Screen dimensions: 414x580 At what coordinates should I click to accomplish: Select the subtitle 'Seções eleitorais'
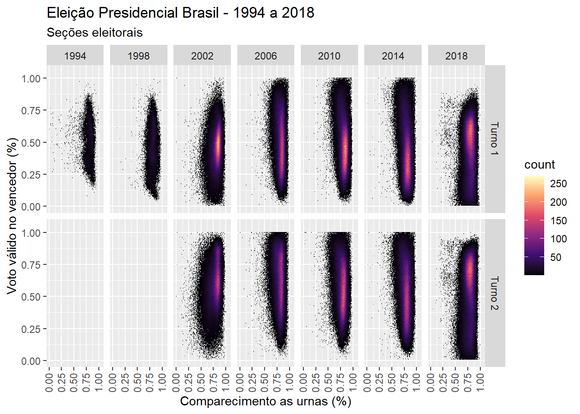click(x=95, y=33)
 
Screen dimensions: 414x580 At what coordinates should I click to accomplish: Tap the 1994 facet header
click(x=75, y=56)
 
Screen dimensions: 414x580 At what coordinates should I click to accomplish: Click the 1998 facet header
click(x=139, y=56)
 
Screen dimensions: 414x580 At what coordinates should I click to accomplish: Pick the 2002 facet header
click(x=202, y=56)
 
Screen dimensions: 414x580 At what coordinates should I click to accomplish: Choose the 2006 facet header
click(x=265, y=56)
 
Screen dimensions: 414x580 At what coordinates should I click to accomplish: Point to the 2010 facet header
click(x=329, y=56)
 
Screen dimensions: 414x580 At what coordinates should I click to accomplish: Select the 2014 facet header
click(x=393, y=56)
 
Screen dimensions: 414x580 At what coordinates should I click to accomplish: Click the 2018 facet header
click(x=456, y=56)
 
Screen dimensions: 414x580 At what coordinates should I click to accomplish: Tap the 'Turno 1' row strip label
click(x=495, y=139)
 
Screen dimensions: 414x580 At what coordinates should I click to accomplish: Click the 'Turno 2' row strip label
click(x=495, y=293)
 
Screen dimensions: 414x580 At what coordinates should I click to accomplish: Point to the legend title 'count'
click(x=539, y=165)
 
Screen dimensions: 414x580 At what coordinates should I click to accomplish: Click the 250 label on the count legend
click(x=558, y=184)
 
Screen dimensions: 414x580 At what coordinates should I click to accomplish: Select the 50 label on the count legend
click(x=556, y=257)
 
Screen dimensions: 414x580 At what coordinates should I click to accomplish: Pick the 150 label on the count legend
click(x=558, y=221)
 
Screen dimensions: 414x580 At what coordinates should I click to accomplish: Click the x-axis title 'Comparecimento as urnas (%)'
click(x=265, y=401)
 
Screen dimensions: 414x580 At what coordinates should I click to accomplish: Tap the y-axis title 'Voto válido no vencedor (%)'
click(x=12, y=216)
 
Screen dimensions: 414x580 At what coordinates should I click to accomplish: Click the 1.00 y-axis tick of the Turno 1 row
click(x=31, y=78)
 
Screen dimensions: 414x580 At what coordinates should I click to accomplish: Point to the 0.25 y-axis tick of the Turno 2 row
click(x=31, y=329)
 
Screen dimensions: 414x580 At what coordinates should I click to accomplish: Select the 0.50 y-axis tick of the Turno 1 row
click(x=31, y=143)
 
